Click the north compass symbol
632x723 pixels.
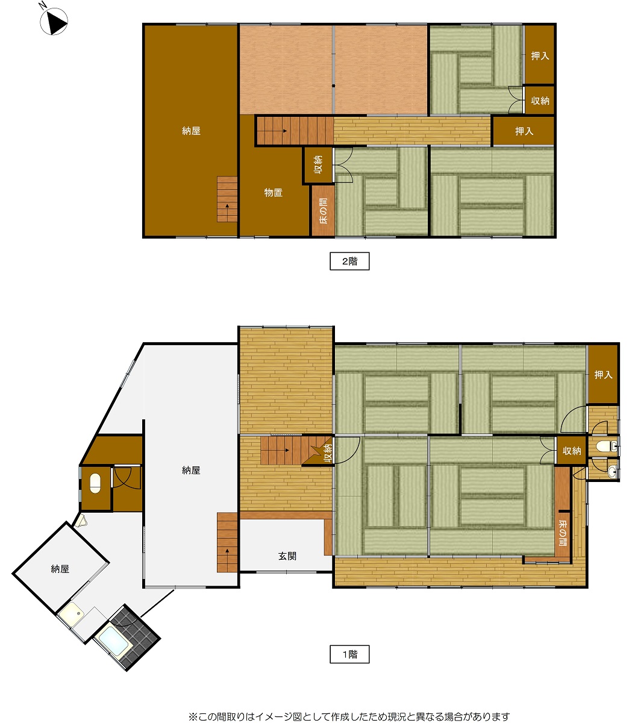[54, 22]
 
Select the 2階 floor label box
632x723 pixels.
[349, 261]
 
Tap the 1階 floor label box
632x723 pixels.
[349, 654]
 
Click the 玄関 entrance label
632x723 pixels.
[287, 556]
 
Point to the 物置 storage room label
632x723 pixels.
[273, 193]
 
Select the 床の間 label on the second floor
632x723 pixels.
[324, 211]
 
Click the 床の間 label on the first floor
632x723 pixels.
[563, 532]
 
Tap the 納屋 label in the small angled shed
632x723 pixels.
[60, 569]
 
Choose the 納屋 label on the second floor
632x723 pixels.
[191, 131]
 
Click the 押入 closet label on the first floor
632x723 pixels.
[603, 375]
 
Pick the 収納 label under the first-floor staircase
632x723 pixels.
[328, 453]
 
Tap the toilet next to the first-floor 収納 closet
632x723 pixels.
[605, 446]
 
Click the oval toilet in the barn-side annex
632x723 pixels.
[95, 483]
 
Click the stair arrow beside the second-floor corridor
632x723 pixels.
[283, 131]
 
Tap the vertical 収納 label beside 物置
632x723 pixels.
[318, 164]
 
